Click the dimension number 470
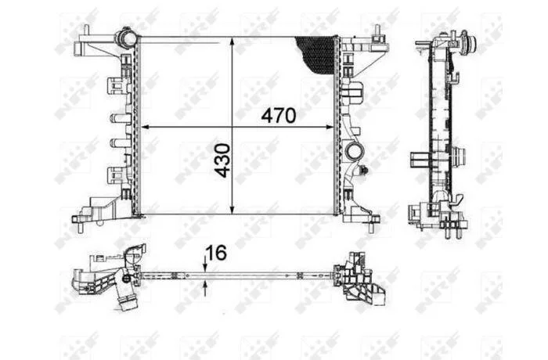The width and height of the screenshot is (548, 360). [x=279, y=115]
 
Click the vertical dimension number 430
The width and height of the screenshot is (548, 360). [x=222, y=160]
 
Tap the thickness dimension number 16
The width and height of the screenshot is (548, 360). [x=216, y=253]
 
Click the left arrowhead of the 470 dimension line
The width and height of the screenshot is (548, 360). [x=145, y=128]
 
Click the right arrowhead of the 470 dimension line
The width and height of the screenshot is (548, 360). [x=329, y=128]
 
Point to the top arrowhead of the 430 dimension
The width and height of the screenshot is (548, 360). [x=232, y=43]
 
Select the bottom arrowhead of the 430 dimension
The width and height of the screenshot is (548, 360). [x=232, y=208]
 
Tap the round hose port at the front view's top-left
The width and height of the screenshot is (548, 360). [x=125, y=37]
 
